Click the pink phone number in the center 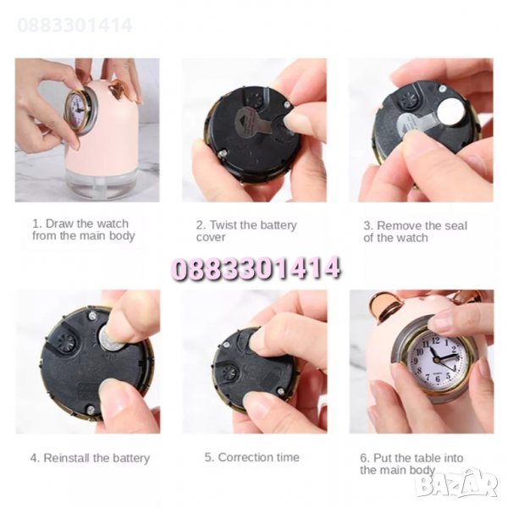(256, 268)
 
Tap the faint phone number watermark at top (75, 25)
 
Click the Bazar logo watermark (457, 484)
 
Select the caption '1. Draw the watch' (80, 224)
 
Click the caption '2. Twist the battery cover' (246, 230)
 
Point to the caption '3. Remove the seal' (416, 225)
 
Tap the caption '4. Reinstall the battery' (90, 458)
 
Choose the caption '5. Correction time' (252, 457)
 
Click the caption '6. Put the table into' (411, 458)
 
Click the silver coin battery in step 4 (111, 338)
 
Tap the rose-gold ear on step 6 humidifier (383, 305)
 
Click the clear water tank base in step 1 (96, 183)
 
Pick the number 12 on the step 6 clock (435, 340)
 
